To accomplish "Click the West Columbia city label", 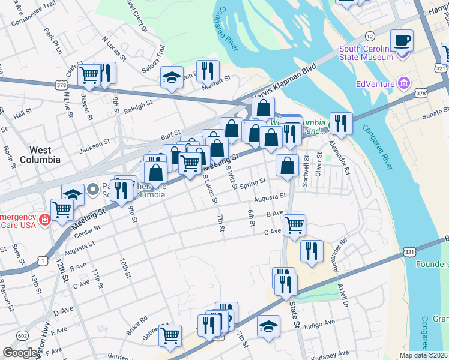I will click(40, 154).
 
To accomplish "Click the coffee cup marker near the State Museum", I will click(402, 41).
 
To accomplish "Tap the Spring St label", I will click(253, 184).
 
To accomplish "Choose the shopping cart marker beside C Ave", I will click(294, 226).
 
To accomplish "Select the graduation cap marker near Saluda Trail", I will click(172, 77).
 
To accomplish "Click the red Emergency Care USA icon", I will click(44, 221).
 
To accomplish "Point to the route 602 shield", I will click(23, 335).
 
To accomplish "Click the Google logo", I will click(20, 353).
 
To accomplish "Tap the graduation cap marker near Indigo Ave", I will click(268, 326).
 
